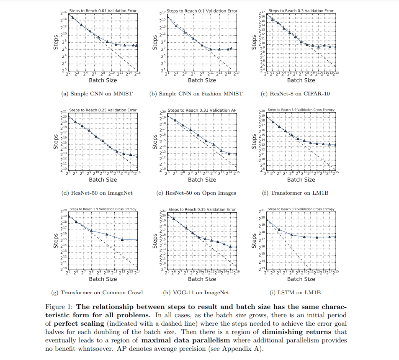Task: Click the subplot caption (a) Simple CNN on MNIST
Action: pyautogui.click(x=97, y=94)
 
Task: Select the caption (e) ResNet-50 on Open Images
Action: pyautogui.click(x=196, y=193)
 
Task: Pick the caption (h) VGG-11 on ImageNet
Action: pyautogui.click(x=196, y=292)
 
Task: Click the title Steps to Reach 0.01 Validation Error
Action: pyautogui.click(x=103, y=11)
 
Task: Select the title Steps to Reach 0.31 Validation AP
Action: pyautogui.click(x=202, y=110)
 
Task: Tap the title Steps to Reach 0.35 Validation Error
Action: pyautogui.click(x=202, y=209)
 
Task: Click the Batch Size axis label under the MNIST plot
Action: pyautogui.click(x=103, y=80)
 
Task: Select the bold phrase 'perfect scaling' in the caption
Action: pyautogui.click(x=74, y=324)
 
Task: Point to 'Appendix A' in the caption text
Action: pyautogui.click(x=245, y=349)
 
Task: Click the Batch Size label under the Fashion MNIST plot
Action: pyautogui.click(x=202, y=80)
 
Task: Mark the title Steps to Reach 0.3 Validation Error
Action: pyautogui.click(x=301, y=11)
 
